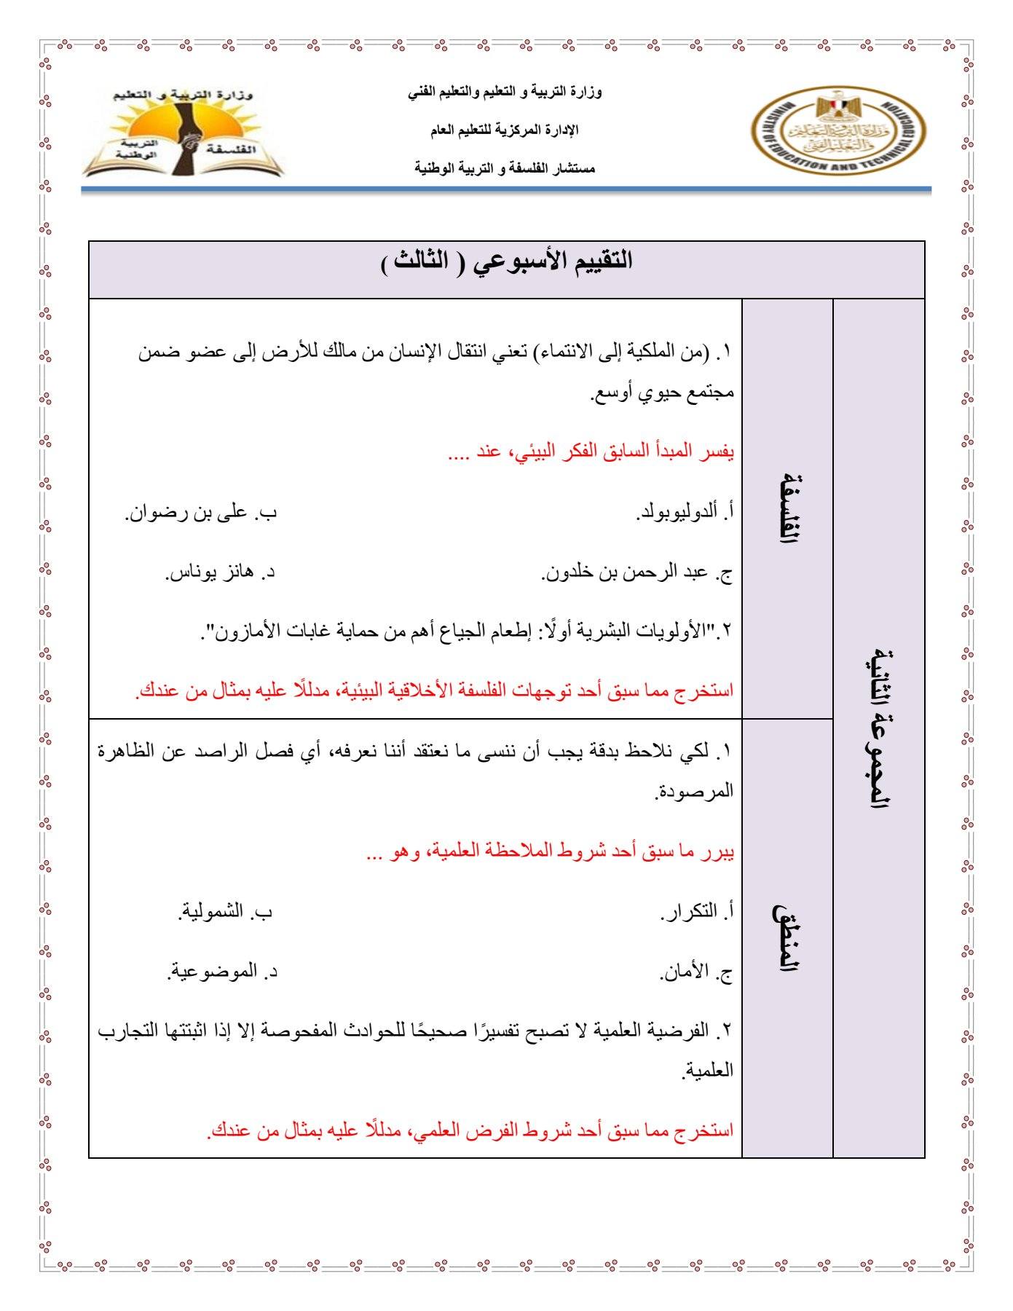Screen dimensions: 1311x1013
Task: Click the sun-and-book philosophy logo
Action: [182, 134]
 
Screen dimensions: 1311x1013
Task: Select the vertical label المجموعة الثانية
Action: [878, 728]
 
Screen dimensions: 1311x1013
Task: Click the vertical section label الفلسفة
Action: [787, 508]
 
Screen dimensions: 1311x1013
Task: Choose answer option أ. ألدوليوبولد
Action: [685, 513]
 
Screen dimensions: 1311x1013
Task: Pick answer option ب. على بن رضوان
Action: [201, 513]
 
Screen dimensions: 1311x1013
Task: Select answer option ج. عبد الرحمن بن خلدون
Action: [637, 573]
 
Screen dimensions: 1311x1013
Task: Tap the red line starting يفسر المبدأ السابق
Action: [591, 452]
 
